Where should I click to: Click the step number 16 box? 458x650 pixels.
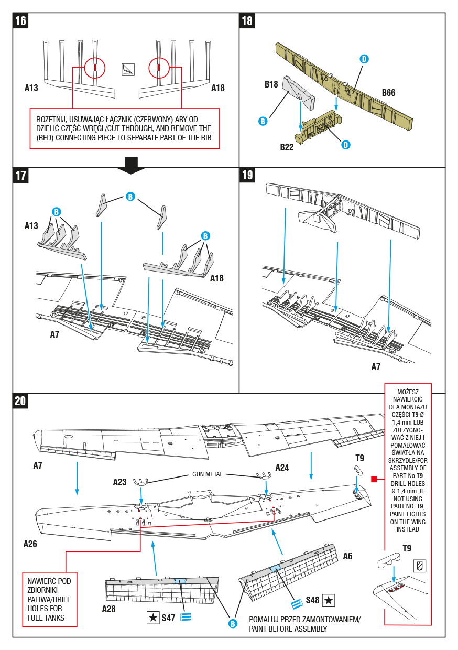click(x=21, y=21)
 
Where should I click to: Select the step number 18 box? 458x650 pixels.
click(x=247, y=21)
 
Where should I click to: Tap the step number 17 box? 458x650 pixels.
click(x=21, y=175)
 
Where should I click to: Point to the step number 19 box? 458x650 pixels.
click(x=247, y=175)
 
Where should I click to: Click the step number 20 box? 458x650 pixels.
click(x=20, y=401)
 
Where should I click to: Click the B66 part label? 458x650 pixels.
click(x=388, y=93)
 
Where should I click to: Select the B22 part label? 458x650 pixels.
click(x=287, y=147)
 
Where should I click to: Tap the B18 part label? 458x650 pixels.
click(x=271, y=84)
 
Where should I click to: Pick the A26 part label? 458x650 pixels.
click(x=30, y=544)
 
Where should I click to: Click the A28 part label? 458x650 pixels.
click(x=109, y=609)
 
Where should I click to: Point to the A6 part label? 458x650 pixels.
click(x=347, y=556)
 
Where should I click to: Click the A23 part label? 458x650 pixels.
click(x=120, y=482)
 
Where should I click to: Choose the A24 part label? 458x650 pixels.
click(x=282, y=468)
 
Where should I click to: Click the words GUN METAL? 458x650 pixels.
click(x=208, y=474)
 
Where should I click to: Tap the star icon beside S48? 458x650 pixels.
click(x=329, y=600)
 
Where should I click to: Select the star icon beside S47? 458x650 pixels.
click(x=152, y=617)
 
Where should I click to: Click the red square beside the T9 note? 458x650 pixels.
click(x=374, y=479)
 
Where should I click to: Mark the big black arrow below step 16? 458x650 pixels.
click(x=131, y=165)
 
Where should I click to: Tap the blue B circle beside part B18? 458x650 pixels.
click(x=263, y=121)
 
